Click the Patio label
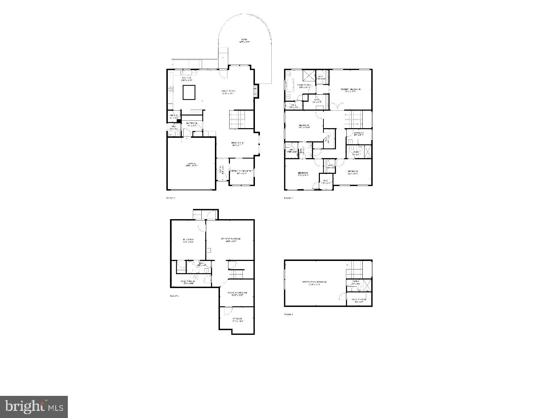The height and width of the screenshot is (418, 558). click(245, 40)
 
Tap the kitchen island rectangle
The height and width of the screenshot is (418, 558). click(189, 92)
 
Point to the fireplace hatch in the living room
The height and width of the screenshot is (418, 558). click(255, 91)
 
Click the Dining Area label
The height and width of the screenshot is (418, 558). click(237, 143)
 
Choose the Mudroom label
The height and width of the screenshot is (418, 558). click(191, 124)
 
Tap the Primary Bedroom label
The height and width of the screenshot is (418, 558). click(350, 90)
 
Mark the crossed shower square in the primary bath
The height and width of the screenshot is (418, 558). click(308, 76)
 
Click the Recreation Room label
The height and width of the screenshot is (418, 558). click(231, 240)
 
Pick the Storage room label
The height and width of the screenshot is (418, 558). click(237, 320)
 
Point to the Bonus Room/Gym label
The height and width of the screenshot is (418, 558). click(237, 294)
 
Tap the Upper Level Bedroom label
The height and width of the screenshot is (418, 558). click(314, 283)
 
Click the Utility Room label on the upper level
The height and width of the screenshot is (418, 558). click(359, 300)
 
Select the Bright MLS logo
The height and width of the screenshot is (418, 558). click(34, 406)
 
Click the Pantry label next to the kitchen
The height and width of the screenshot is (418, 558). click(174, 116)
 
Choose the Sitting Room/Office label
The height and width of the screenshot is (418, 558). click(242, 172)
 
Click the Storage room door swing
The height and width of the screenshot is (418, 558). click(226, 311)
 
